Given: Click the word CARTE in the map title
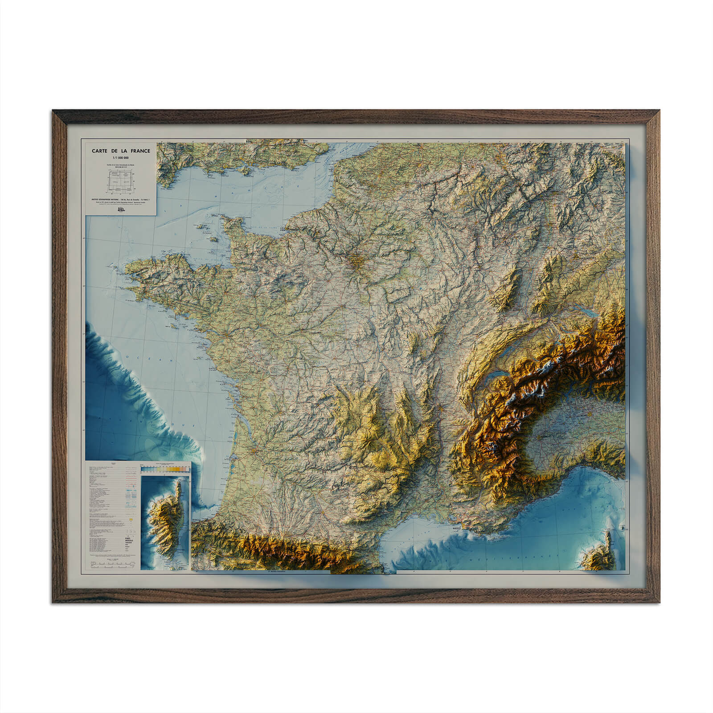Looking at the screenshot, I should pos(100,151).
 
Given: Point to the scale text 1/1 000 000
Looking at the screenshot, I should pos(121,158).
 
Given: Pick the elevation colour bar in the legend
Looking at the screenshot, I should pos(164,469).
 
